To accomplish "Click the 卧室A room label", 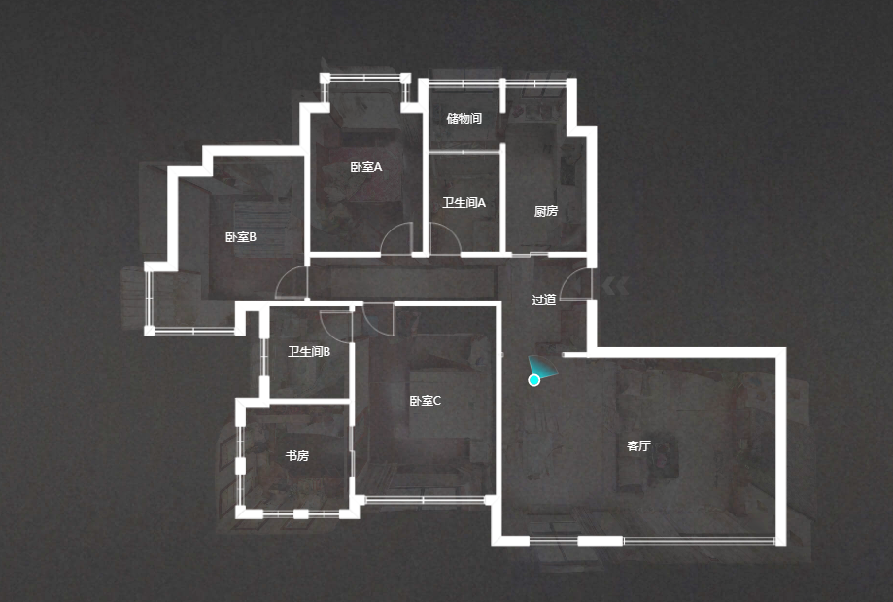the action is click(365, 167).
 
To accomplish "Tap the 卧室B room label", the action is click(240, 237).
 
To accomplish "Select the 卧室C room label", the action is click(425, 401).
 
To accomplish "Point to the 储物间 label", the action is click(464, 118).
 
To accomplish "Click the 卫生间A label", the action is click(464, 203).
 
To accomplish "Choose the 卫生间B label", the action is click(309, 352).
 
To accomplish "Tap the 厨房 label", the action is click(545, 211).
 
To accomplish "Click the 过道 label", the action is click(544, 300).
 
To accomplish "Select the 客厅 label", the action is click(638, 445).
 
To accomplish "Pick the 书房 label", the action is click(296, 456).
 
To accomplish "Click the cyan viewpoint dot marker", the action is click(533, 380).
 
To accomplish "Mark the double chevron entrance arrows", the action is click(616, 286).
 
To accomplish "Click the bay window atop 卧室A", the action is click(365, 78).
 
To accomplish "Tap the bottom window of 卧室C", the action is click(425, 500).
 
